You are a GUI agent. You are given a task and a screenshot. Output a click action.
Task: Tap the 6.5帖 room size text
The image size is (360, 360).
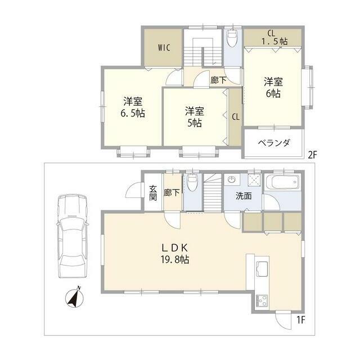[x=133, y=113]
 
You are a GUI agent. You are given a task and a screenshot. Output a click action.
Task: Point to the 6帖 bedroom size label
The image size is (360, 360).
[x=273, y=94]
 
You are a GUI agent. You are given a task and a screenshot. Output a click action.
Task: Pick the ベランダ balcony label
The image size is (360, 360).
[x=274, y=143]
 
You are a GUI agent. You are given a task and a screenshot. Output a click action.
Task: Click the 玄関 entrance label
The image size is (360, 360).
[x=152, y=192]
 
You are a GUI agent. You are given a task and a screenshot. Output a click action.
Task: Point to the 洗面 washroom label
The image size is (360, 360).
[x=244, y=197]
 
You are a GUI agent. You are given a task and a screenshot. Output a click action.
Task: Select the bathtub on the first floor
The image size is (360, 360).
[x=283, y=183]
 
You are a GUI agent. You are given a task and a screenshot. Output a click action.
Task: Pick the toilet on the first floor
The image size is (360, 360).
[x=192, y=183]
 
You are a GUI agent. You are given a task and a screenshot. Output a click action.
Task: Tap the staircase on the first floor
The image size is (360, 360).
[x=211, y=194]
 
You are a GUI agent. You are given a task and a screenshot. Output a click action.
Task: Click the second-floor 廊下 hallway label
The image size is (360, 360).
[x=219, y=80]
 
